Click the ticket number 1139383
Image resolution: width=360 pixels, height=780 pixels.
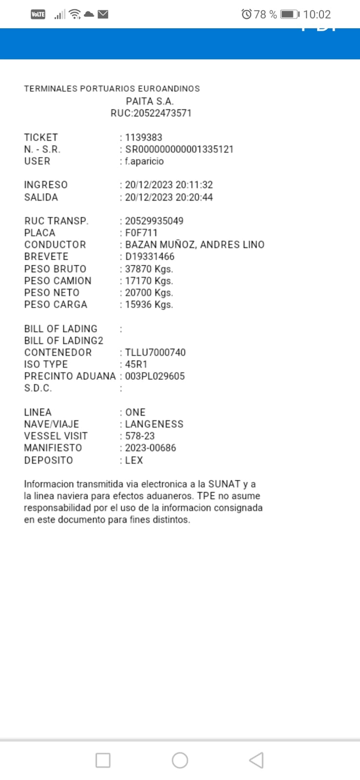tap(143, 137)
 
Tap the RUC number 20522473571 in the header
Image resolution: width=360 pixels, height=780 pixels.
tap(151, 113)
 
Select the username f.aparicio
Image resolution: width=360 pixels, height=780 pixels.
tap(144, 161)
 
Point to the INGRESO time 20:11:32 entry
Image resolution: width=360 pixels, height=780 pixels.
tap(169, 185)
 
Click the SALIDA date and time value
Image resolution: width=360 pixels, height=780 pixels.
tap(169, 197)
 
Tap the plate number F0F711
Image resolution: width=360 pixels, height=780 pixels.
tap(141, 233)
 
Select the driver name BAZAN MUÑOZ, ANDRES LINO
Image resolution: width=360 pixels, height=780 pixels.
tap(195, 245)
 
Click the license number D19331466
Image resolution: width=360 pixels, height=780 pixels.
tap(150, 257)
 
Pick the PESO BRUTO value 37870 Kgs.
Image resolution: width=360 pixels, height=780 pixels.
tap(149, 269)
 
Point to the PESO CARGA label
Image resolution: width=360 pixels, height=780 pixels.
tap(56, 305)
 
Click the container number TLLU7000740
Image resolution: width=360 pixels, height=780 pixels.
tap(155, 352)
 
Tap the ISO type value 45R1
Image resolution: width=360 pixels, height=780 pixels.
tap(136, 365)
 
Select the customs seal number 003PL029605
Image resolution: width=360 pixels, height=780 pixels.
tap(155, 376)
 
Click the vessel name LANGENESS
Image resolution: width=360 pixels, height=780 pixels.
tap(154, 424)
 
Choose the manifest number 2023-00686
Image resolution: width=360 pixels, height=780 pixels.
tap(150, 448)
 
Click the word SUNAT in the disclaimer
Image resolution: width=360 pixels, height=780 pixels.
tap(224, 484)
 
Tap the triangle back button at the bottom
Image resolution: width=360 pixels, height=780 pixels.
tap(257, 760)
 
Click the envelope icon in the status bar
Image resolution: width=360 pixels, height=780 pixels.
tap(103, 15)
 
